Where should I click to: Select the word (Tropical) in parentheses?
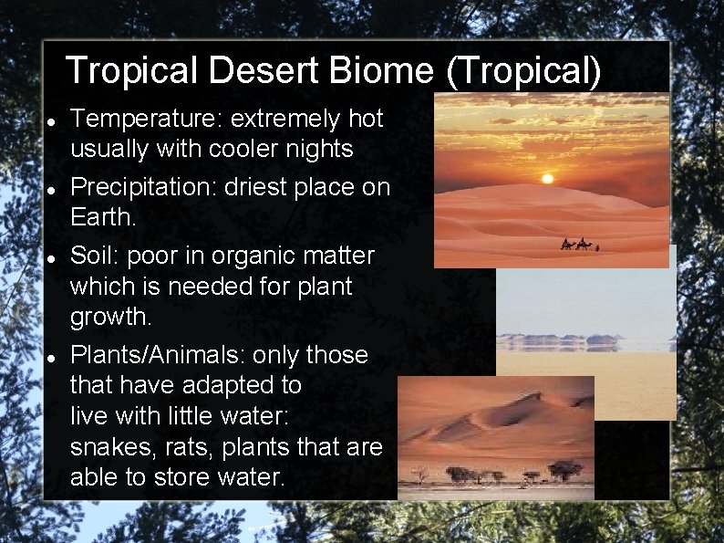tap(522, 71)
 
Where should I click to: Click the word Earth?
tap(104, 219)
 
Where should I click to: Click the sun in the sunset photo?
tap(546, 178)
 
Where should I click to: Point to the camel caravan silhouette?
tap(579, 245)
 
